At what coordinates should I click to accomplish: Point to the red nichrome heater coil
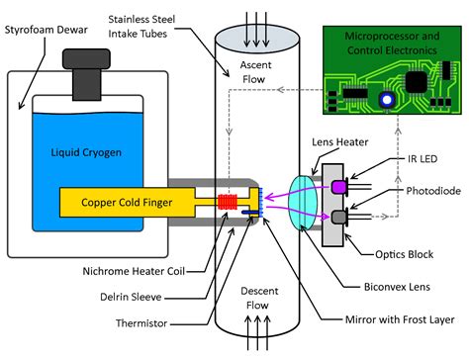click(x=228, y=202)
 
